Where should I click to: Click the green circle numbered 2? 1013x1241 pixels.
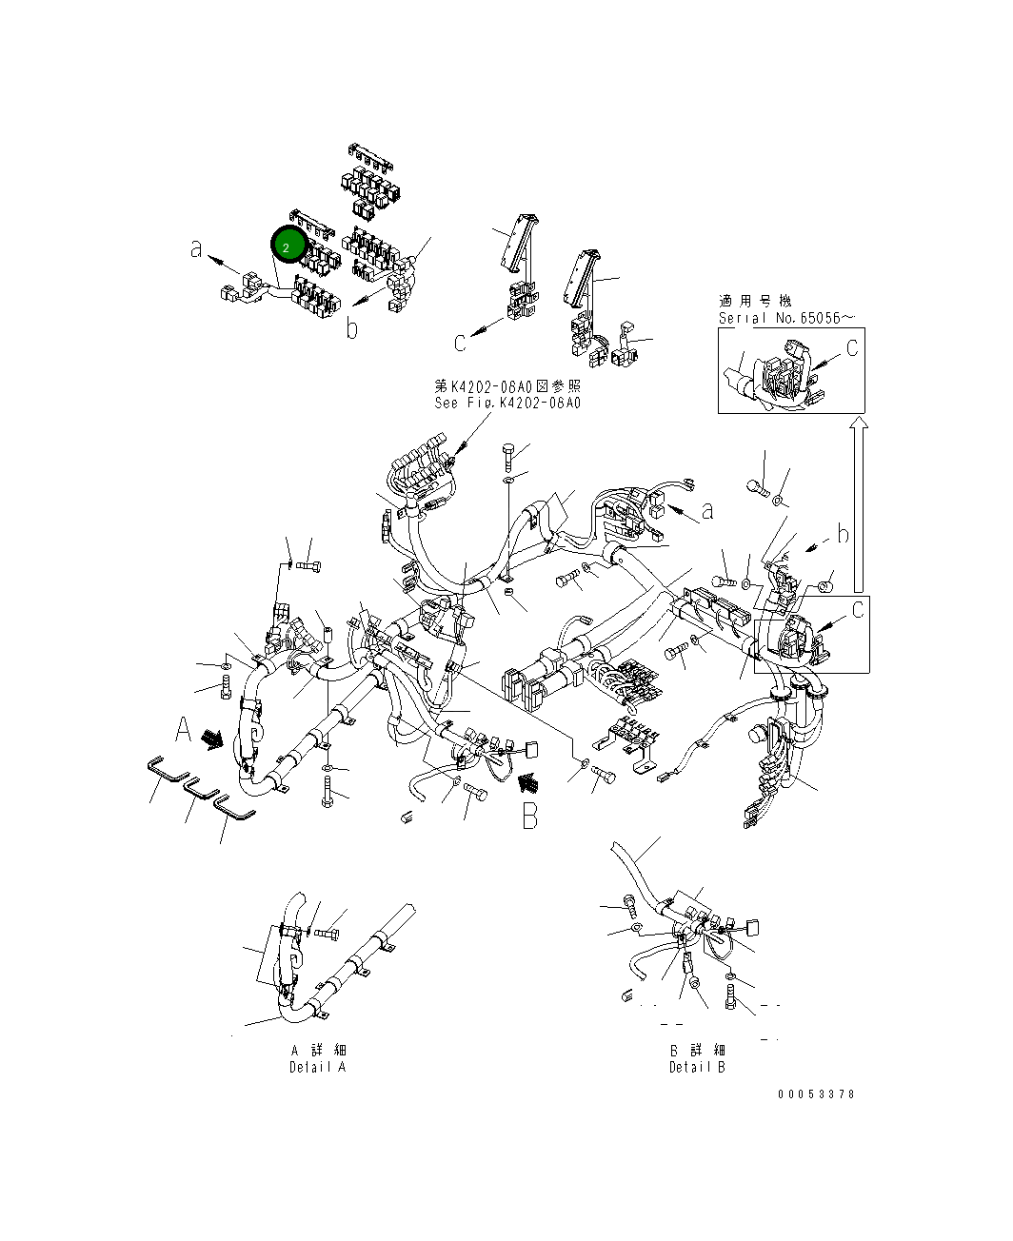click(x=287, y=246)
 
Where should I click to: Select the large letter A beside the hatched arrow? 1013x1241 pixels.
click(x=185, y=731)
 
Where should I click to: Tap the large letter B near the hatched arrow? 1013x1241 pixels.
click(x=530, y=816)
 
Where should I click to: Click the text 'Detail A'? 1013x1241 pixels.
click(x=318, y=1067)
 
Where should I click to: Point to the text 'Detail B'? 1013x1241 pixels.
click(x=697, y=1067)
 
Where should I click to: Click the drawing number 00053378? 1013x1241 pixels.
click(x=816, y=1094)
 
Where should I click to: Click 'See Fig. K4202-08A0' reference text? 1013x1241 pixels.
click(x=507, y=403)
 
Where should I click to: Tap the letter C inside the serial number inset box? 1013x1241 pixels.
click(x=851, y=348)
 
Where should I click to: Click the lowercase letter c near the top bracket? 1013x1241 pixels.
click(x=460, y=342)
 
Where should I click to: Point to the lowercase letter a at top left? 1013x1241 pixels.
click(x=197, y=250)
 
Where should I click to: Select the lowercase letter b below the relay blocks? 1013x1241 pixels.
click(x=352, y=329)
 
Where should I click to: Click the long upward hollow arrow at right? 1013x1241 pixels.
click(x=859, y=504)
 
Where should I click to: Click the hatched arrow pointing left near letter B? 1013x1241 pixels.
click(x=527, y=781)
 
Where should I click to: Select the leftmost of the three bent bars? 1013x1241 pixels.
click(x=167, y=769)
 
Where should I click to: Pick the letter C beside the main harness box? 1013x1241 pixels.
click(x=858, y=609)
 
